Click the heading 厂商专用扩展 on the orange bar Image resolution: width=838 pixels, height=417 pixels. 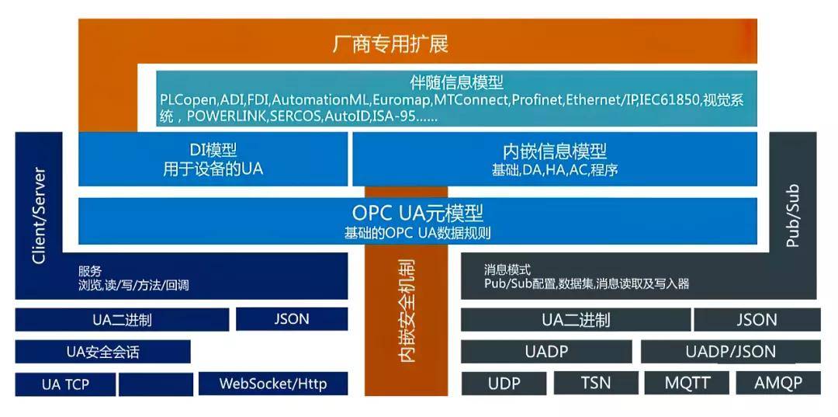click(390, 43)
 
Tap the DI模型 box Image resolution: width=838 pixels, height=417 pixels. click(213, 159)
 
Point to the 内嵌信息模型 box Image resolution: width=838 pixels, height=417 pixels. click(554, 159)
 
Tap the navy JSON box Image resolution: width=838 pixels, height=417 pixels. click(291, 319)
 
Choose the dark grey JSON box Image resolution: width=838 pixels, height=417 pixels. click(757, 320)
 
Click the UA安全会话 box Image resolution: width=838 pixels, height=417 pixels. click(102, 352)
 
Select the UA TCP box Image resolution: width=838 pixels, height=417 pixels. click(66, 384)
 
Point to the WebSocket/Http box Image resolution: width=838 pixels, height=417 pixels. click(272, 384)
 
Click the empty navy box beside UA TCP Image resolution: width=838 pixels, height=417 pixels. click(156, 384)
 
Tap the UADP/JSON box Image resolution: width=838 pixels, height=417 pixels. click(730, 352)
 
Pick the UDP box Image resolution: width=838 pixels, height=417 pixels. click(504, 383)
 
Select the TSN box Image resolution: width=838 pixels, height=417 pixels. click(595, 383)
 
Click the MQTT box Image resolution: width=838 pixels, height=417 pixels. click(687, 383)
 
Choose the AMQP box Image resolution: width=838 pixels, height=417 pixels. click(777, 383)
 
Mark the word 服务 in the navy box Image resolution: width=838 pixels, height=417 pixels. click(90, 271)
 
